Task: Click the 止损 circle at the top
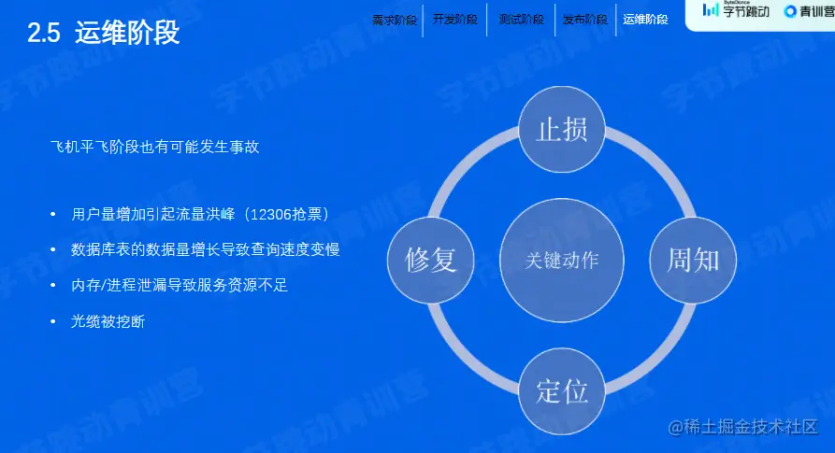pos(562,129)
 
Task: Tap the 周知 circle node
pos(693,259)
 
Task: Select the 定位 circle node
pos(562,390)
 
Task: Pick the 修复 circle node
pos(431,259)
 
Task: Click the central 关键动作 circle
pos(562,260)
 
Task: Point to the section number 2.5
pos(44,35)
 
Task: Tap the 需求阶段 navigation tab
pos(395,20)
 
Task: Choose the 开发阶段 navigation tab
pos(455,20)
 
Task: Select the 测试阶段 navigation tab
pos(521,20)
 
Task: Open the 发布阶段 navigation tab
pos(584,20)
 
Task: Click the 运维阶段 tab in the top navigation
pos(645,20)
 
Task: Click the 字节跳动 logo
pos(736,11)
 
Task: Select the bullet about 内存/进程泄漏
pos(180,285)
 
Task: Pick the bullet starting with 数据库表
pos(205,249)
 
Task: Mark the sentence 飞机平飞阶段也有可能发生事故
pos(154,148)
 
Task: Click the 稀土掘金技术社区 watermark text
pos(743,427)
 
